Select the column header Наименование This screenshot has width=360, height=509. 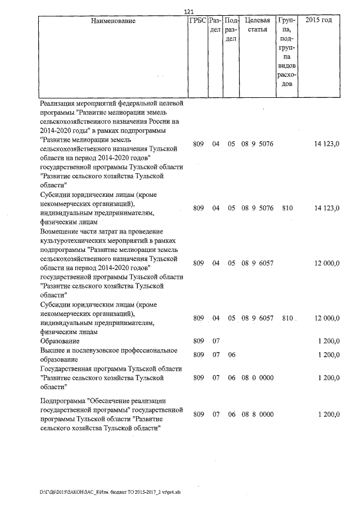click(113, 21)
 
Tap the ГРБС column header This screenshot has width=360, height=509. click(197, 21)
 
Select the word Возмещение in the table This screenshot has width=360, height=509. click(60, 231)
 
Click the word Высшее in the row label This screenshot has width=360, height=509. click(52, 350)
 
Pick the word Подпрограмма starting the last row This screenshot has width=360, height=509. click(64, 400)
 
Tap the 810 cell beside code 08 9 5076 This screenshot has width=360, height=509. click(287, 208)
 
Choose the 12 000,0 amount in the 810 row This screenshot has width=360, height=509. click(327, 318)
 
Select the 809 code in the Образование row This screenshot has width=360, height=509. click(198, 341)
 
